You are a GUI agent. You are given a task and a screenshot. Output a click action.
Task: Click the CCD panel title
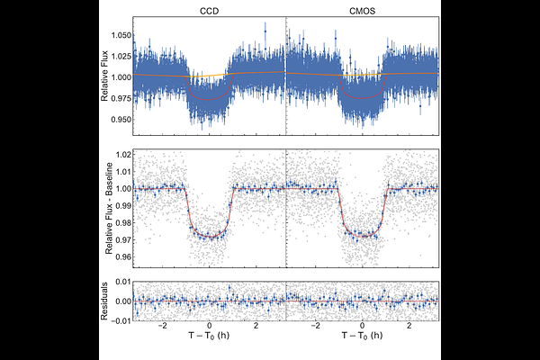pyautogui.click(x=209, y=10)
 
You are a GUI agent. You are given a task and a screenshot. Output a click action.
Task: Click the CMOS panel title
pyautogui.click(x=362, y=10)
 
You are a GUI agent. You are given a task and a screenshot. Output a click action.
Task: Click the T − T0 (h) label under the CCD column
pyautogui.click(x=209, y=341)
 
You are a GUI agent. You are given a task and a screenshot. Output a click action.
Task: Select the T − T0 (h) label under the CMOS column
pyautogui.click(x=362, y=341)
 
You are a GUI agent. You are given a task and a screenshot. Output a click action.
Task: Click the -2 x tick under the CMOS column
pyautogui.click(x=314, y=327)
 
